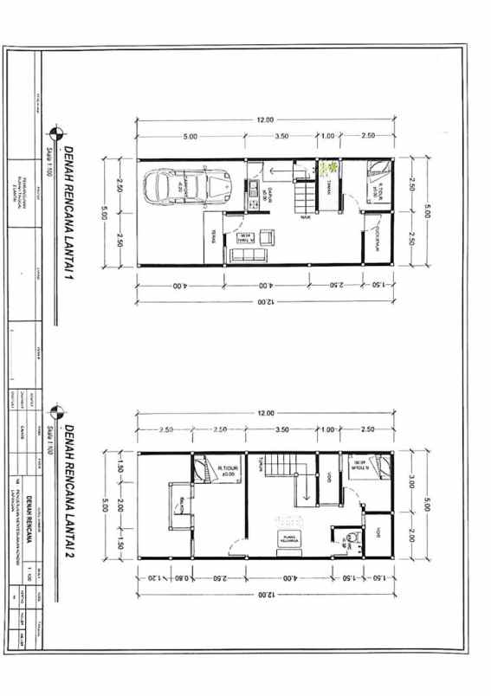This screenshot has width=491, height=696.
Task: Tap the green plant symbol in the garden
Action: [x=328, y=170]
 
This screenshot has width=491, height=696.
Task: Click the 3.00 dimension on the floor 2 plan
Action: [x=412, y=480]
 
